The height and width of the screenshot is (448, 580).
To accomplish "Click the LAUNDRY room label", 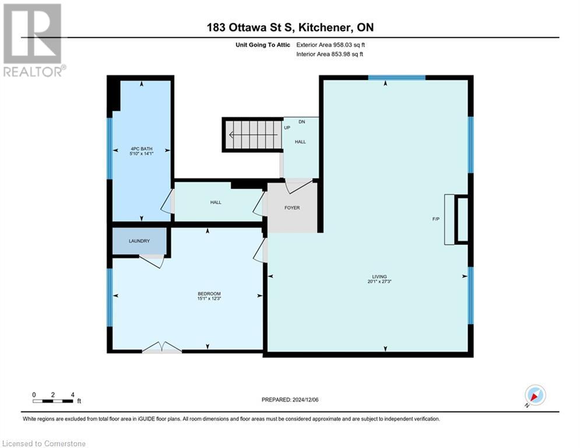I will click(139, 241).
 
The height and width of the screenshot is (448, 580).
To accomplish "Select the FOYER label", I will click(291, 208).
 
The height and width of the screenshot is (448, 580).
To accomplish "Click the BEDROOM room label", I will click(209, 294).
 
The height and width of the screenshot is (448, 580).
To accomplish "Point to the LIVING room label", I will click(379, 276).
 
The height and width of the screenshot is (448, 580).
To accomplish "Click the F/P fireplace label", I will click(435, 219).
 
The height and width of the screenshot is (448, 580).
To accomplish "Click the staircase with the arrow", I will click(251, 135).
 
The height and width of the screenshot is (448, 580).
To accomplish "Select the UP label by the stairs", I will click(287, 128).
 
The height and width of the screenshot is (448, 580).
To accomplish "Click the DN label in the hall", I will click(301, 122).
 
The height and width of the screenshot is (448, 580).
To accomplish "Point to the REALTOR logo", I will click(33, 40).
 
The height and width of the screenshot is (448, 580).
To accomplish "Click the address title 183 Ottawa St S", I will click(289, 27).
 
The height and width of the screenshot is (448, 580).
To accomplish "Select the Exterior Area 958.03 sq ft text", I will click(331, 45).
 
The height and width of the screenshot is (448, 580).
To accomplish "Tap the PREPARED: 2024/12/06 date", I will click(290, 400).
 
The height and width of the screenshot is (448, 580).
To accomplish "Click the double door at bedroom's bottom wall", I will click(162, 348).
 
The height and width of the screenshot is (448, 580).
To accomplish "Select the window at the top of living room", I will click(397, 78).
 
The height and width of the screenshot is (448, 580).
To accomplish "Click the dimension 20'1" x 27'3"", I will click(379, 282).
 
